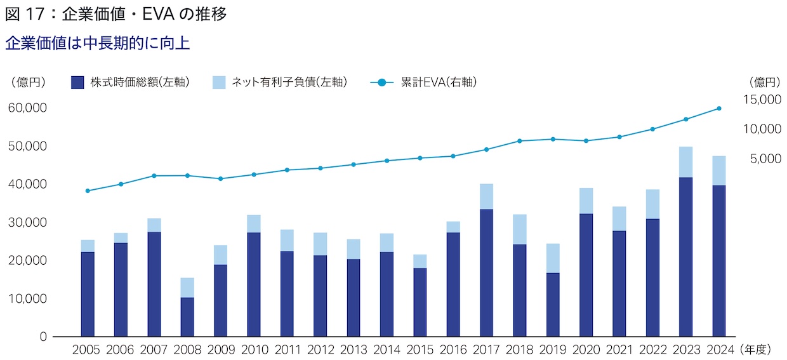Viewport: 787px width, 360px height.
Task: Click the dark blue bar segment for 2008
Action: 187,317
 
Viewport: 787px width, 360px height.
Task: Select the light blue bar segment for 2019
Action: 552,258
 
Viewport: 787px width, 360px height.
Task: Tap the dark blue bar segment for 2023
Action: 685,257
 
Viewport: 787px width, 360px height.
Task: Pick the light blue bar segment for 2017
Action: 486,196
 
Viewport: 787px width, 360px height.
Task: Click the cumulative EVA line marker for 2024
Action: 718,108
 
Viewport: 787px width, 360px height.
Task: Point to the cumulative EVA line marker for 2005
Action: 88,190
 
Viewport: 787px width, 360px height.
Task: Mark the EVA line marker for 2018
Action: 519,141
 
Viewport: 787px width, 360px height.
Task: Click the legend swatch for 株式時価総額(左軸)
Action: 77,82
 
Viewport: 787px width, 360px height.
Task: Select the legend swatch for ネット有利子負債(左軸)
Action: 219,82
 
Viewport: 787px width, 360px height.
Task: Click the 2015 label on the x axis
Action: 420,350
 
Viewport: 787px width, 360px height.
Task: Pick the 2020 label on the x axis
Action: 586,350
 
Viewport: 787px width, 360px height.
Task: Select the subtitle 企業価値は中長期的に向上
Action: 97,43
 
